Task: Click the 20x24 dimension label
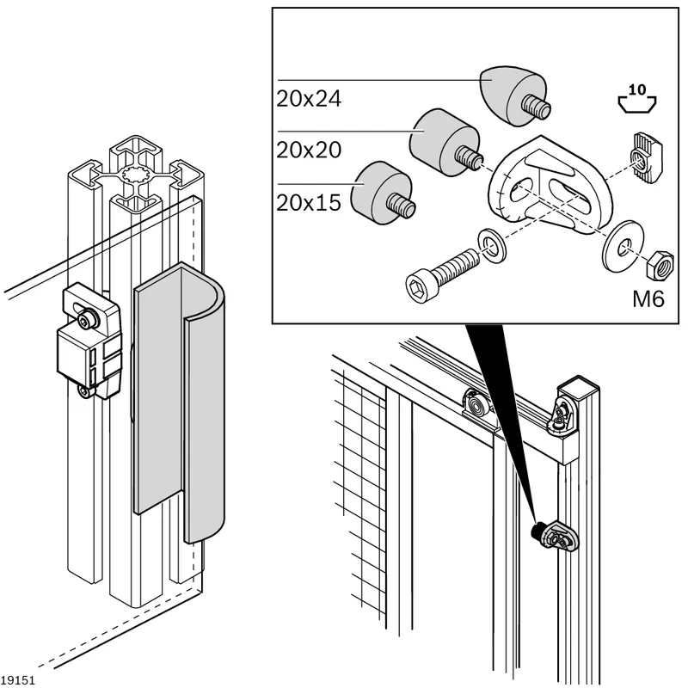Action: [x=309, y=99]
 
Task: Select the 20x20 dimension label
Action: [x=309, y=150]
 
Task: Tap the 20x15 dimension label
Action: [x=309, y=203]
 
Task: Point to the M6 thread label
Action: [x=648, y=299]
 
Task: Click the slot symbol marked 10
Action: [x=637, y=99]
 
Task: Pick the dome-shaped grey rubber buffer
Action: [x=513, y=96]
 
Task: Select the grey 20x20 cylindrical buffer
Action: [x=445, y=143]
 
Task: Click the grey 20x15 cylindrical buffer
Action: [x=383, y=193]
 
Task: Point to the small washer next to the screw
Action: [x=492, y=246]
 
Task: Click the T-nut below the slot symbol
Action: [x=646, y=157]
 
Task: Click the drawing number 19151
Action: [x=17, y=680]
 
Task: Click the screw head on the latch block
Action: [x=83, y=320]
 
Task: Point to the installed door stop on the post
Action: [x=556, y=535]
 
